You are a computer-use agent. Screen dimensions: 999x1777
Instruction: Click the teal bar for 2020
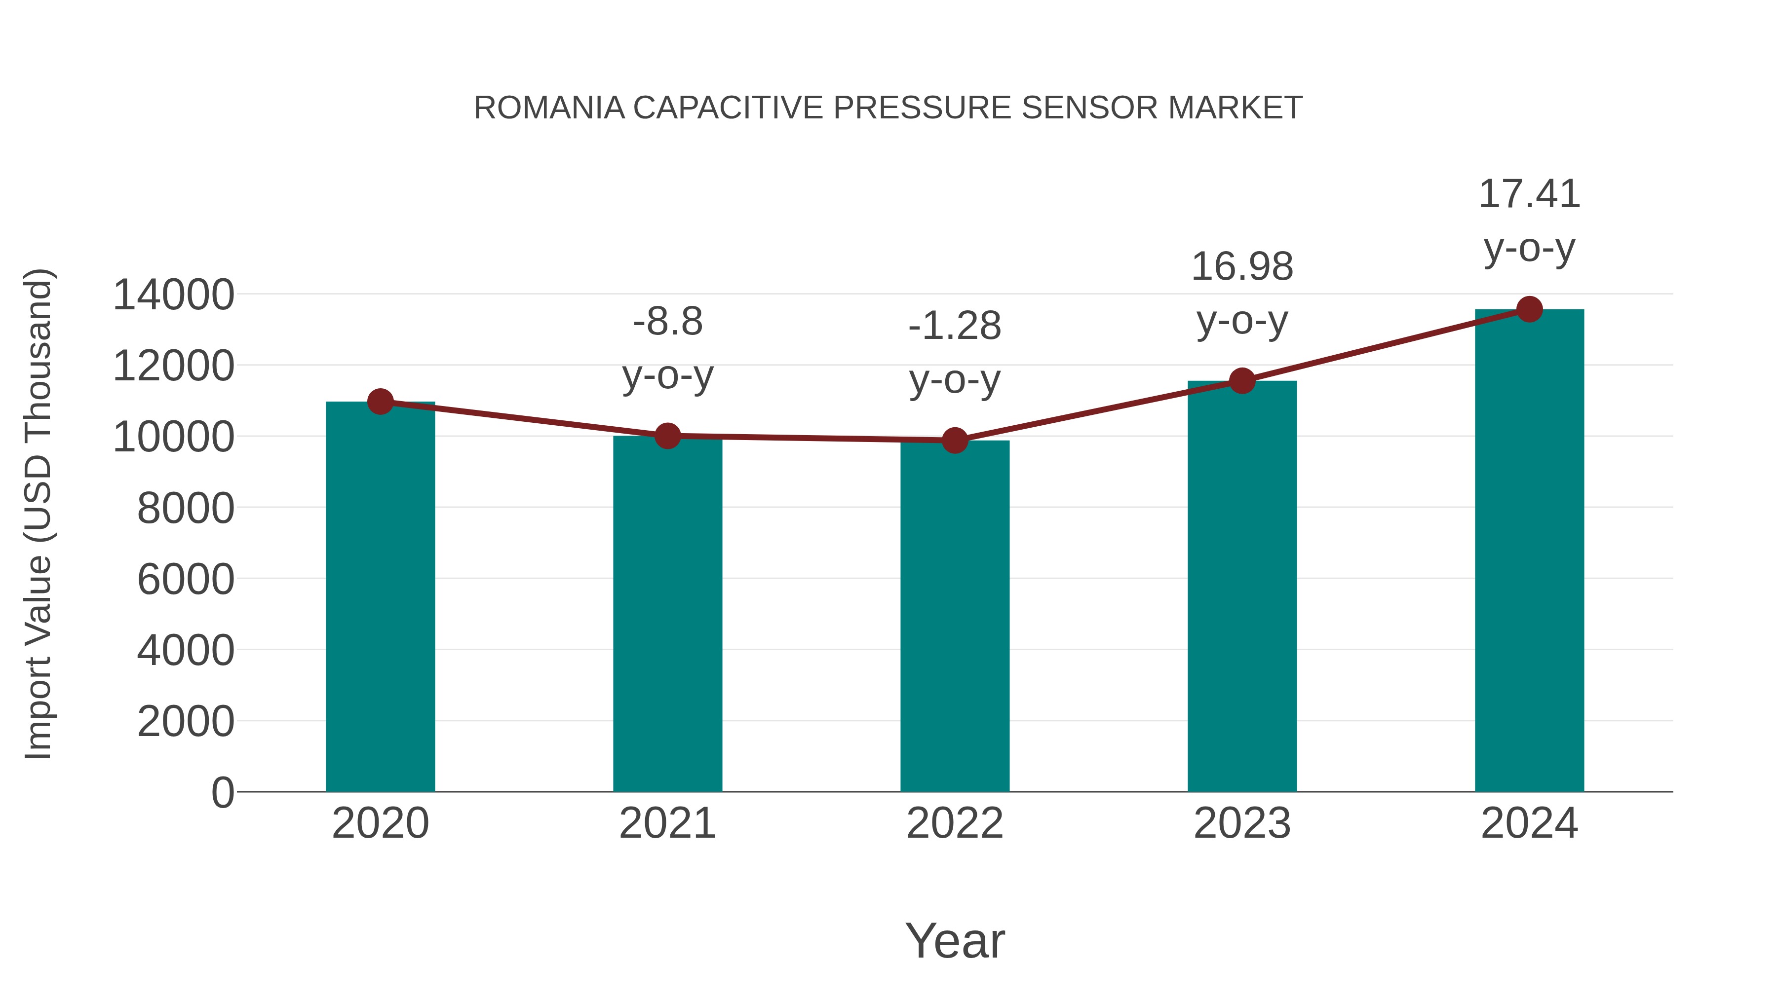[x=380, y=597]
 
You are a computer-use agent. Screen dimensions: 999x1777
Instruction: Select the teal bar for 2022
[x=955, y=616]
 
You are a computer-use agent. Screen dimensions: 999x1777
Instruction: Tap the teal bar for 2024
[x=1529, y=551]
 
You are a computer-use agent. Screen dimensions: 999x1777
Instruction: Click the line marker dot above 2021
[x=667, y=436]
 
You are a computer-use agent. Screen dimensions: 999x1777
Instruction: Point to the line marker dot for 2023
[x=1242, y=380]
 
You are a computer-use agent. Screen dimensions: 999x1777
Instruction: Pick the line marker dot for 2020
[x=380, y=401]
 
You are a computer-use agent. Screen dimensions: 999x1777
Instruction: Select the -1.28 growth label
[x=955, y=326]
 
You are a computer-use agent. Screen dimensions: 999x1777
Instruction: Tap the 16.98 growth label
[x=1242, y=267]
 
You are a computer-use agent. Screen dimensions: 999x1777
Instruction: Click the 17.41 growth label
[x=1529, y=194]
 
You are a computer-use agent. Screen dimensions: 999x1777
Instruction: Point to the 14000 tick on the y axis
[x=174, y=295]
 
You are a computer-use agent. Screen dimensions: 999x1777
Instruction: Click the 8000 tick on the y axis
[x=186, y=509]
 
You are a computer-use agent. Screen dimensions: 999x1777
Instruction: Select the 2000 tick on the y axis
[x=186, y=722]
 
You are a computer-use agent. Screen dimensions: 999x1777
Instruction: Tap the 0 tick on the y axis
[x=223, y=793]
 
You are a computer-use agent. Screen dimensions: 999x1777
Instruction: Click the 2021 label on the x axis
[x=667, y=823]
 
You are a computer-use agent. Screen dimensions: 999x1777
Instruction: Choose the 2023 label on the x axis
[x=1242, y=823]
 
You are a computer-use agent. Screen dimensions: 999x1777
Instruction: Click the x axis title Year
[x=955, y=940]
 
